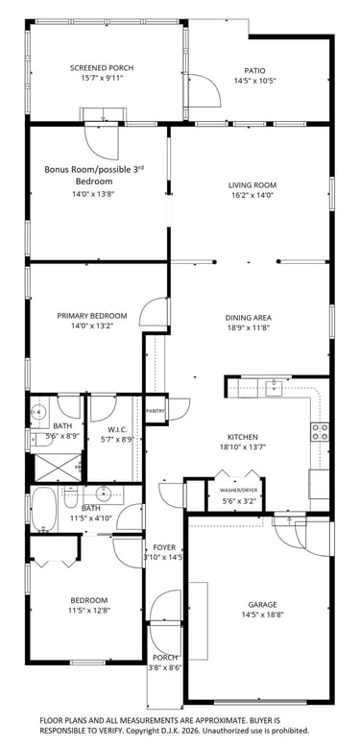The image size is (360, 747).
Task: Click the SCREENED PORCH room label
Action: pyautogui.click(x=102, y=68)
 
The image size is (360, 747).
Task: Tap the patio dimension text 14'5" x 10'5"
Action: pyautogui.click(x=255, y=81)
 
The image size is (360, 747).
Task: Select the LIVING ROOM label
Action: pyautogui.click(x=252, y=185)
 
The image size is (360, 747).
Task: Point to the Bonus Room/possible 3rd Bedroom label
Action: pyautogui.click(x=95, y=175)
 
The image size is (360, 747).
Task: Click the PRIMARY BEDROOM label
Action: pyautogui.click(x=92, y=316)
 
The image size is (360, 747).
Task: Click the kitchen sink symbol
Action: pyautogui.click(x=274, y=387)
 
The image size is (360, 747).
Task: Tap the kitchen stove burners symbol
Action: pyautogui.click(x=320, y=432)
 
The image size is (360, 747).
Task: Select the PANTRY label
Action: pyautogui.click(x=156, y=411)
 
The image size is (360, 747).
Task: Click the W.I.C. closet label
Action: pyautogui.click(x=114, y=430)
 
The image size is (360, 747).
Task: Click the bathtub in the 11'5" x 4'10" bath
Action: pyautogui.click(x=44, y=509)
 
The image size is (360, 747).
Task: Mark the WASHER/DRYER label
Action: pyautogui.click(x=236, y=490)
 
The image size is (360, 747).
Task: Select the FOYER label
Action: pyautogui.click(x=164, y=547)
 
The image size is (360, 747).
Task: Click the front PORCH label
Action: pyautogui.click(x=165, y=658)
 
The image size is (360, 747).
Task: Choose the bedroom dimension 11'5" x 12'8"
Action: pyautogui.click(x=88, y=610)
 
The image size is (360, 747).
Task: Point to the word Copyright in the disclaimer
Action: pyautogui.click(x=144, y=730)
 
